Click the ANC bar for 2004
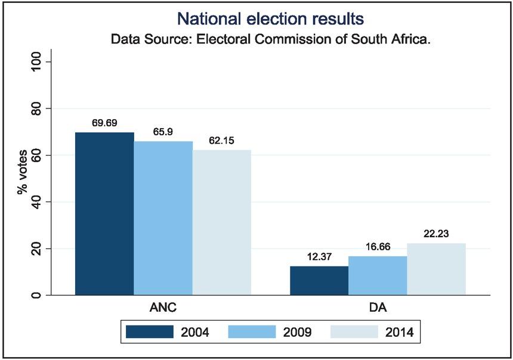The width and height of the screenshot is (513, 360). point(104,213)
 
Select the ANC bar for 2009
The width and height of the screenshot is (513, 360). point(163,218)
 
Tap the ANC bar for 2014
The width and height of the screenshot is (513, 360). point(222,222)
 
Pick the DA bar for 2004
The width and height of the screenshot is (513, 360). point(319,280)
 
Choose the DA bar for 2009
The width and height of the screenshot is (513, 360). point(378,275)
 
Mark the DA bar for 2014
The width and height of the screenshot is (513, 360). point(436,269)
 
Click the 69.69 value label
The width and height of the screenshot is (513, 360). point(104,123)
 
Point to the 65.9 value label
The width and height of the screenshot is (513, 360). point(163,132)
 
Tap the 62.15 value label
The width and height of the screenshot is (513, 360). point(221,141)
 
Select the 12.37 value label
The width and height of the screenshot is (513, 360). point(319,257)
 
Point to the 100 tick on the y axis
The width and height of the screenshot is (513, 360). point(35,62)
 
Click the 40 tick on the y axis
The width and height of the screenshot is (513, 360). point(35,202)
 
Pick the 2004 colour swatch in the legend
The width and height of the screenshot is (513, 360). point(150,331)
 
